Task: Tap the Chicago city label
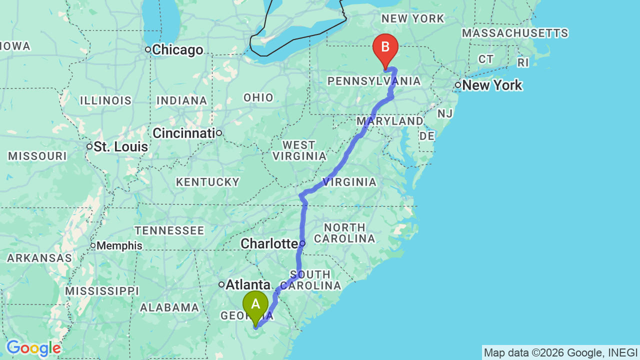(x=177, y=50)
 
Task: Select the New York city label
(x=492, y=85)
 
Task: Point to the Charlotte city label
(x=269, y=243)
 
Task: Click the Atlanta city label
(x=248, y=285)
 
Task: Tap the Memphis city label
(x=119, y=245)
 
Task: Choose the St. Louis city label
(x=121, y=147)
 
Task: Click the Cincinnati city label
(x=183, y=133)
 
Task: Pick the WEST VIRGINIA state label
(x=298, y=150)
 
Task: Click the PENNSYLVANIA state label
(x=373, y=81)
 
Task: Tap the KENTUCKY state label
(x=207, y=182)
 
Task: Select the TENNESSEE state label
(x=169, y=230)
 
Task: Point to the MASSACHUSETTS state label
(x=515, y=33)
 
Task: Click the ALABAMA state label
(x=169, y=307)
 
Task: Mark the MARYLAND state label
(x=389, y=121)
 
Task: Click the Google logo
(x=33, y=348)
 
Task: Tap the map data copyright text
(x=560, y=352)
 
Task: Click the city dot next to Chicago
(x=148, y=49)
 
